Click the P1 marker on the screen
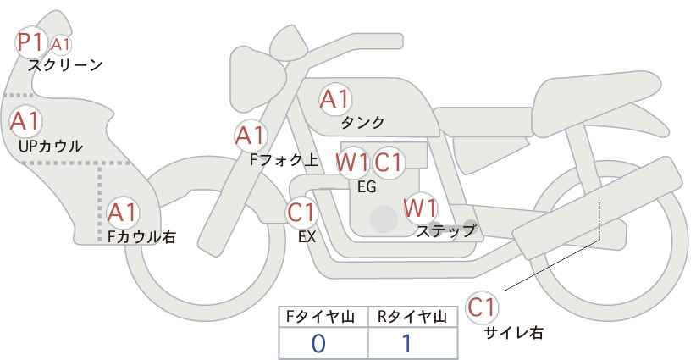coord(31,42)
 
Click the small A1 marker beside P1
coord(61,43)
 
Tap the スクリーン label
coord(65,64)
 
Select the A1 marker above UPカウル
coord(25,121)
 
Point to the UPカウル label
coord(50,146)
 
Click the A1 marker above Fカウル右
coord(123,212)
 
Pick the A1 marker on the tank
coord(334,100)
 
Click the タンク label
coord(362,122)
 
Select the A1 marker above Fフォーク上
coord(251,135)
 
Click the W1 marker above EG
coord(351,162)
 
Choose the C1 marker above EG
coord(389,162)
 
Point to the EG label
coord(367,186)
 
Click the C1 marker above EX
coord(302,212)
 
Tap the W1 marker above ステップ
coord(420,208)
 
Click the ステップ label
coord(445,230)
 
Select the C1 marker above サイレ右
coord(483,307)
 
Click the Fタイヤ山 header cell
coord(323,317)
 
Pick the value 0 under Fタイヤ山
coord(318,343)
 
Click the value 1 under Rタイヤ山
coord(406,343)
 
